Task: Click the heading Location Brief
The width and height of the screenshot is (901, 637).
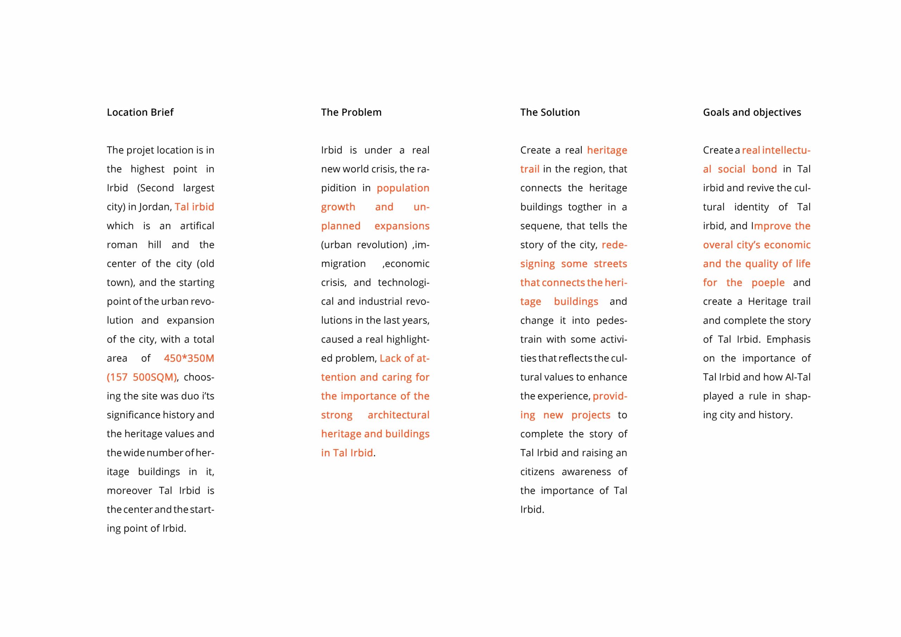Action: pos(140,112)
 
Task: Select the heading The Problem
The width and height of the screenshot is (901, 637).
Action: pos(351,112)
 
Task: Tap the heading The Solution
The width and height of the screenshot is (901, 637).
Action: pos(550,112)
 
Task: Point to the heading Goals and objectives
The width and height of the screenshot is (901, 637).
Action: pos(751,112)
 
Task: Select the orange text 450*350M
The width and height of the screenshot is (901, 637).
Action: pos(189,358)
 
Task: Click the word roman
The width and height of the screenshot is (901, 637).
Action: pos(122,245)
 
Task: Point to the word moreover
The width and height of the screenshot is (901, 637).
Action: pos(129,491)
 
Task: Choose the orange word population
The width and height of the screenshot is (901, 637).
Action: pos(403,188)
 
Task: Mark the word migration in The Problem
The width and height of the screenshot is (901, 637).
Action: pos(344,264)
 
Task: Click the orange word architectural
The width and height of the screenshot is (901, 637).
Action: pos(398,415)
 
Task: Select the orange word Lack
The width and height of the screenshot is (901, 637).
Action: pos(390,358)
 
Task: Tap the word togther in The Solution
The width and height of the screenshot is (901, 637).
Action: pos(584,207)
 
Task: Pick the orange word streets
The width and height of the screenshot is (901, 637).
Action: pos(610,264)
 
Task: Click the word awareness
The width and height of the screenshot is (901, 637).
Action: pos(586,472)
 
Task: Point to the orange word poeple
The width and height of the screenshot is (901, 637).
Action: pos(768,283)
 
